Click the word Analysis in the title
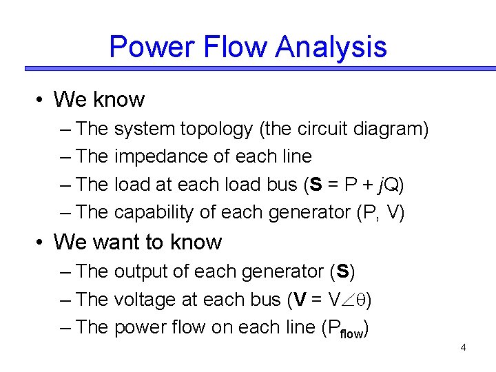point(331,48)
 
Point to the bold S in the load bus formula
point(316,185)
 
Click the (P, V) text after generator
point(380,212)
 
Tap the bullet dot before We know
point(41,100)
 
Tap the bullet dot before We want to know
point(41,242)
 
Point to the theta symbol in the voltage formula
point(364,300)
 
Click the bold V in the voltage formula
point(300,300)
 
